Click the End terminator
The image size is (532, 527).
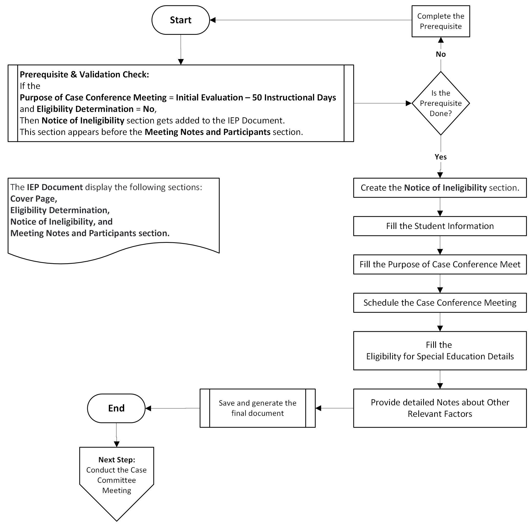click(x=116, y=408)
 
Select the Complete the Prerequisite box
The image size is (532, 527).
click(x=440, y=21)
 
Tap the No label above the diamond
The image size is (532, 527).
click(x=440, y=54)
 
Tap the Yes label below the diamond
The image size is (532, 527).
click(x=440, y=157)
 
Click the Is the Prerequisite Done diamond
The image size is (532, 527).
click(x=440, y=103)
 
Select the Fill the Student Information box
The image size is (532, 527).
click(x=440, y=226)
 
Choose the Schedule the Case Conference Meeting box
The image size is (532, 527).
click(x=440, y=303)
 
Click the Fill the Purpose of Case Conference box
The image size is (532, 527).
click(x=440, y=264)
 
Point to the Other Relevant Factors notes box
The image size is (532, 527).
click(x=440, y=408)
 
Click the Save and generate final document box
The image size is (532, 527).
click(x=257, y=408)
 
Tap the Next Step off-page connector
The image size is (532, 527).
click(x=116, y=479)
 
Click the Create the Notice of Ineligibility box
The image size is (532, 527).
click(x=440, y=188)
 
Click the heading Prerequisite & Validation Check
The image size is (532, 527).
click(x=84, y=74)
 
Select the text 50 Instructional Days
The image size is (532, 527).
click(x=294, y=98)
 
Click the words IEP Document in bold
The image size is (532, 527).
click(x=55, y=187)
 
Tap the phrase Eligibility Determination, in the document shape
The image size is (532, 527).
click(x=60, y=210)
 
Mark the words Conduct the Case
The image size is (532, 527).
click(x=116, y=470)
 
